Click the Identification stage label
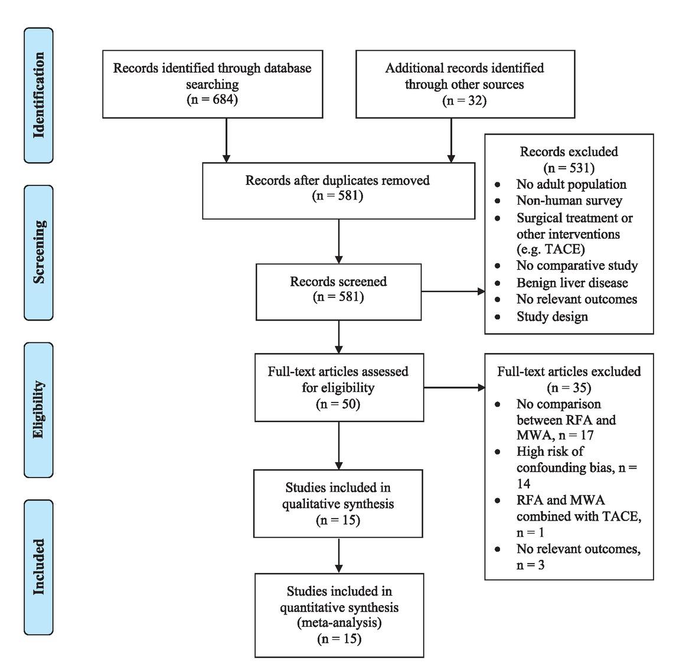(38, 95)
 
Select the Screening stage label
(38, 252)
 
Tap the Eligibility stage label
(38, 409)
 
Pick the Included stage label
(38, 566)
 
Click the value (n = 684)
(212, 100)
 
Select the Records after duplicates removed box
(338, 190)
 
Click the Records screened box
(338, 292)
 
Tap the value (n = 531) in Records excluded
(569, 168)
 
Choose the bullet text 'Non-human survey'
(569, 201)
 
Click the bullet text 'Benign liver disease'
(572, 283)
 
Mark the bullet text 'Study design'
(552, 317)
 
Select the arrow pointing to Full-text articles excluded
(454, 388)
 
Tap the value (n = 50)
(338, 405)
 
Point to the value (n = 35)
(569, 388)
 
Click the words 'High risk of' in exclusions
(550, 452)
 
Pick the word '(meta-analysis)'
(339, 623)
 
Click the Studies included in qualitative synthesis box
(338, 503)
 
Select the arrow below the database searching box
(226, 140)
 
